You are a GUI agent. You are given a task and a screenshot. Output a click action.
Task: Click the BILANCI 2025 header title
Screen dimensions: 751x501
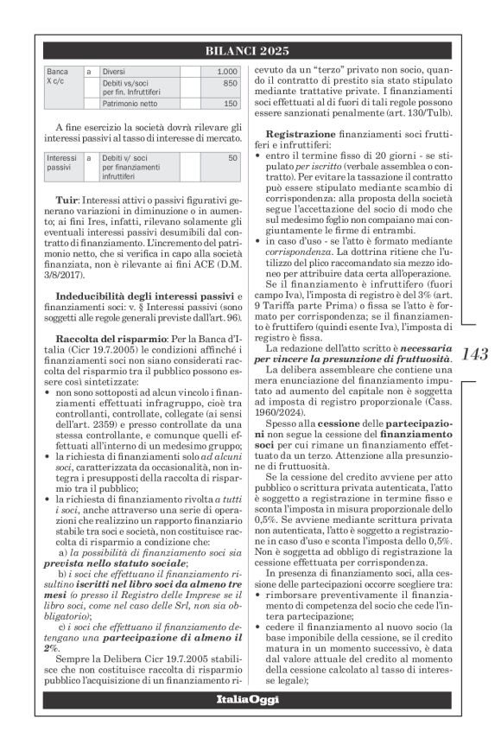[x=250, y=51]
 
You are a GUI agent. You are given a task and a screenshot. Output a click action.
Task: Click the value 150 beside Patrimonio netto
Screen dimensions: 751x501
[x=230, y=104]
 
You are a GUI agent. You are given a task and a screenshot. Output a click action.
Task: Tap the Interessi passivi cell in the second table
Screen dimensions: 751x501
[x=61, y=162]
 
